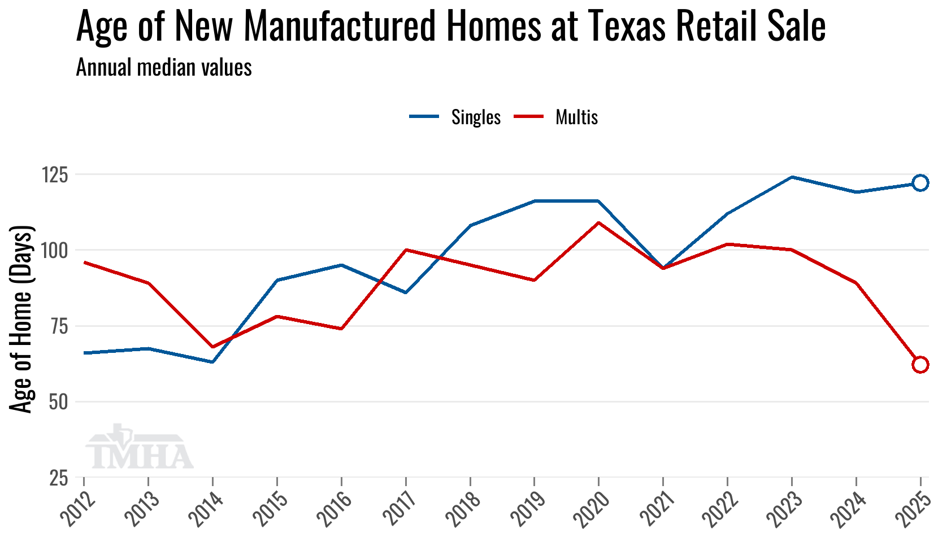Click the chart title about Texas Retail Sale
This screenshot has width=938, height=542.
coord(450,27)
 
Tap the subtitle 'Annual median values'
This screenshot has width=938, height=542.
coord(164,68)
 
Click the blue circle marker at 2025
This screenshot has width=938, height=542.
coord(920,183)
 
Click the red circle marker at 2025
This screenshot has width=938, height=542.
coord(920,364)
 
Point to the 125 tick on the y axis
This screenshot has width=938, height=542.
coord(55,175)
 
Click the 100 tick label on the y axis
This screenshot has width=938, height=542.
coord(55,250)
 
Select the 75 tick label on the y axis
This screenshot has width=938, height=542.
coord(58,326)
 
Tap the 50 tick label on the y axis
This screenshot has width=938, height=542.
coord(58,402)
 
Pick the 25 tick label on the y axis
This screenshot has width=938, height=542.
coord(58,478)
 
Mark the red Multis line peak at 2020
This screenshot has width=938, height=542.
coord(598,222)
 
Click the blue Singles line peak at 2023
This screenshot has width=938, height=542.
coord(792,177)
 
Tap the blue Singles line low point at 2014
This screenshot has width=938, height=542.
coord(212,362)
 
